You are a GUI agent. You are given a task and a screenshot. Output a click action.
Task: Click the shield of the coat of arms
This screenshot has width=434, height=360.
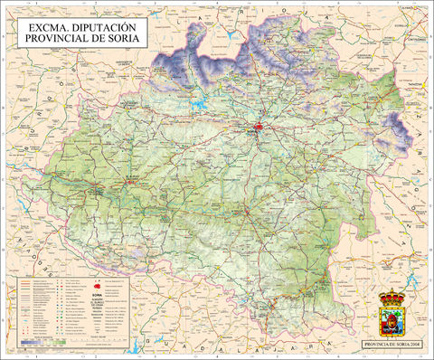point(391,318)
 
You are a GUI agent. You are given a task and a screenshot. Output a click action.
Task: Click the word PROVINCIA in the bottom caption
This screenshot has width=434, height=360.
point(376,345)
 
